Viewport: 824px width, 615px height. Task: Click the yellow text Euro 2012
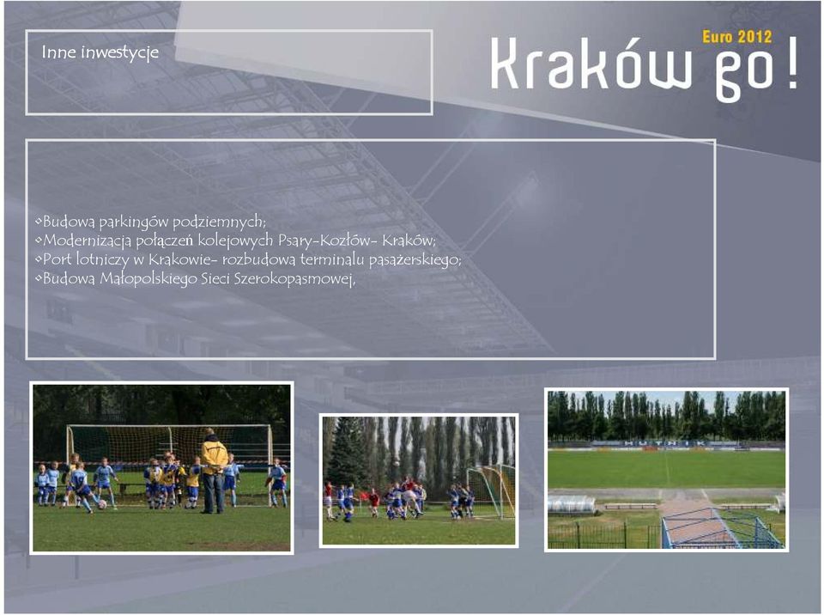tap(736, 37)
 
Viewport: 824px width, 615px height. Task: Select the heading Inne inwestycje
tap(100, 52)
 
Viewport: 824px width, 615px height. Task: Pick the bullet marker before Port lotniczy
tap(39, 259)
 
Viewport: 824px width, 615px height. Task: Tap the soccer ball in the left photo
tap(101, 504)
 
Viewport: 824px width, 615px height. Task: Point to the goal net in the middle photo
tap(491, 492)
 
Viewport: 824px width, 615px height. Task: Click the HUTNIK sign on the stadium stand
tap(665, 444)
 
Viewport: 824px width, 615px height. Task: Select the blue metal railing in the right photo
tap(720, 528)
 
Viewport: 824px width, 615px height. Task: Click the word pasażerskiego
tap(415, 260)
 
